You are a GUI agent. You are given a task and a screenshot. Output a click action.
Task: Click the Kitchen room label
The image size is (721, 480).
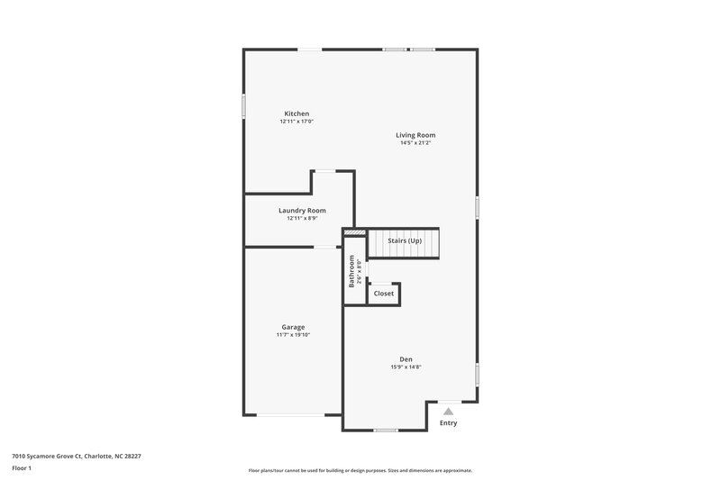297,113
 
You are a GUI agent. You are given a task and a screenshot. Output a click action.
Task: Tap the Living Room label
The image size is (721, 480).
415,135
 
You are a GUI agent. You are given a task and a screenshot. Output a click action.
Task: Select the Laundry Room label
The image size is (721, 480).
302,210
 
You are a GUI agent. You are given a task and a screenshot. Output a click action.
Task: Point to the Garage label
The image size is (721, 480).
293,327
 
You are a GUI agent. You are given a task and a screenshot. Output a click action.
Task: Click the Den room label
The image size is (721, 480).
406,359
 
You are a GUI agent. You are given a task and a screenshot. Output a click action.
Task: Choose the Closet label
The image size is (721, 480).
384,294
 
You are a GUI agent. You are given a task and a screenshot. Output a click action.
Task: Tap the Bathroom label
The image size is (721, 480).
351,271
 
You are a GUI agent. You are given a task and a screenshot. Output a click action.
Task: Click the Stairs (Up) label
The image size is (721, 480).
405,241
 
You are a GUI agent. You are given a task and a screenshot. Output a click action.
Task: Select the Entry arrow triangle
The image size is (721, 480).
448,411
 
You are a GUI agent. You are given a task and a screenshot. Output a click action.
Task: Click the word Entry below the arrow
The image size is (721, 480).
448,423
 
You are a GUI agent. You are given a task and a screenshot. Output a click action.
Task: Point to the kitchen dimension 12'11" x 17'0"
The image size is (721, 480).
297,122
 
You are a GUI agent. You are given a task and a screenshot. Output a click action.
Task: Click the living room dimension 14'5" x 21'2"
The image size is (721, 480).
415,143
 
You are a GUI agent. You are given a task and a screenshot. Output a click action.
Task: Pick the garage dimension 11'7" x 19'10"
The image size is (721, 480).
293,335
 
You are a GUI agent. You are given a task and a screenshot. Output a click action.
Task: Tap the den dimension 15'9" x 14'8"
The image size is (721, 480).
406,367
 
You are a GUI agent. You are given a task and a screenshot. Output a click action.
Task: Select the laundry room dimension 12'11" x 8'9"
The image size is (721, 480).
302,218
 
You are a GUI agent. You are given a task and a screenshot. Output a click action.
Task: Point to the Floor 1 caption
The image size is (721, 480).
22,468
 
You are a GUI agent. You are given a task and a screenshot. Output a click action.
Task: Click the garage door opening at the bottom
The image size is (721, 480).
292,414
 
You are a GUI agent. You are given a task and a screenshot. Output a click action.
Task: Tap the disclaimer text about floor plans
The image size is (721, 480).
360,470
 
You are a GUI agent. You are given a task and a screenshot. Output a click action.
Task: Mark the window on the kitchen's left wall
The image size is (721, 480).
243,105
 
